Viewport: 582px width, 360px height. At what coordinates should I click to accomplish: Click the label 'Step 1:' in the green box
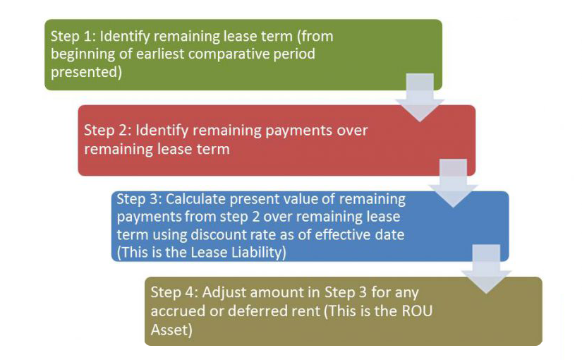(x=73, y=37)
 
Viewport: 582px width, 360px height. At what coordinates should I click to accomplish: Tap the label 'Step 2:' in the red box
(x=108, y=131)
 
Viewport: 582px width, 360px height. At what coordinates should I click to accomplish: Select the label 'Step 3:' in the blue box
(x=139, y=199)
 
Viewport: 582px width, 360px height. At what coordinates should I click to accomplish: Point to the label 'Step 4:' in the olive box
(x=174, y=292)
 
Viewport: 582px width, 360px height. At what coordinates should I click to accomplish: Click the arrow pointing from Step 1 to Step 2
(x=420, y=97)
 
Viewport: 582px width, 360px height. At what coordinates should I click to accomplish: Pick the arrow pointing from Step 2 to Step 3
(x=453, y=183)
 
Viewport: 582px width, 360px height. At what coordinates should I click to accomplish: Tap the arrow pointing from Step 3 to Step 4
(x=486, y=269)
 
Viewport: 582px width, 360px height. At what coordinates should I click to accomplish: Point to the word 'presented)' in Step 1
(x=87, y=72)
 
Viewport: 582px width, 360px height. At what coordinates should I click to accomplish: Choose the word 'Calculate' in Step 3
(x=195, y=199)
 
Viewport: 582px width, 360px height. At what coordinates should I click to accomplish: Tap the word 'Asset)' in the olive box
(x=171, y=330)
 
